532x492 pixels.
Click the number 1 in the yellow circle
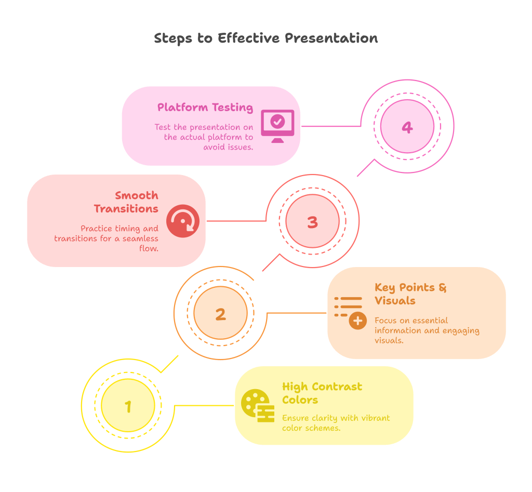(x=128, y=406)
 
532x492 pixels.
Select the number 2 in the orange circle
(x=220, y=314)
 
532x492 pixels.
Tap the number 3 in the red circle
(x=312, y=222)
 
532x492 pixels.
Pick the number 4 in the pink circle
(x=407, y=127)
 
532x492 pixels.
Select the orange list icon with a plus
(x=350, y=312)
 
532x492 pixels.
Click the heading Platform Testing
(x=205, y=108)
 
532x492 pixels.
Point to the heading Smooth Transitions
(x=127, y=202)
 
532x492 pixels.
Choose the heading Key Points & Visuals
(x=410, y=294)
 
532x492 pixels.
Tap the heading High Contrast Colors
(x=322, y=393)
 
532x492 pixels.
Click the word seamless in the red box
(x=140, y=238)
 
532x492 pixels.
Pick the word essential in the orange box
(x=429, y=321)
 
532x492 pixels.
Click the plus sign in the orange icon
(x=357, y=321)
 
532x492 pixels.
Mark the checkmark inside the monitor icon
(x=278, y=122)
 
